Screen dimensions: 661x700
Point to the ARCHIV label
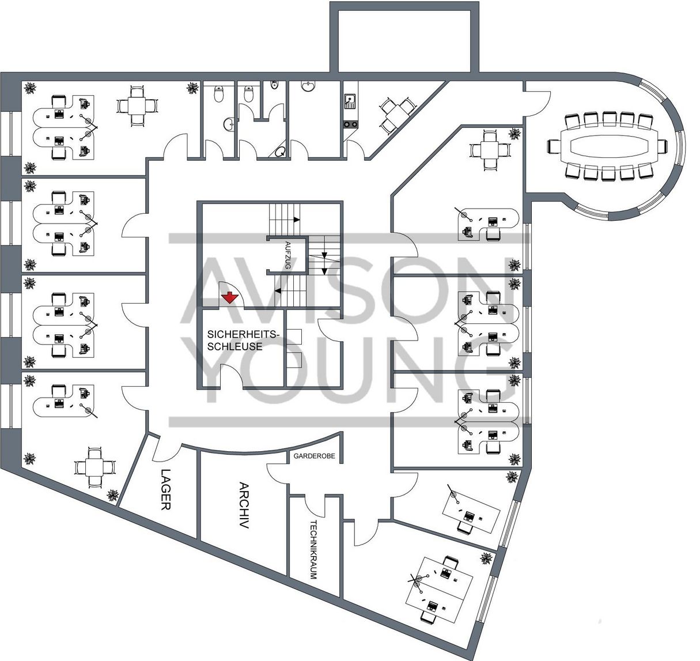click(243, 505)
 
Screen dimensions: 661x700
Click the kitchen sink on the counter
click(349, 103)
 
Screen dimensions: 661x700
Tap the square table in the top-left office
click(137, 105)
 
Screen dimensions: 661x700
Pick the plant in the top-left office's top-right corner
click(192, 88)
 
